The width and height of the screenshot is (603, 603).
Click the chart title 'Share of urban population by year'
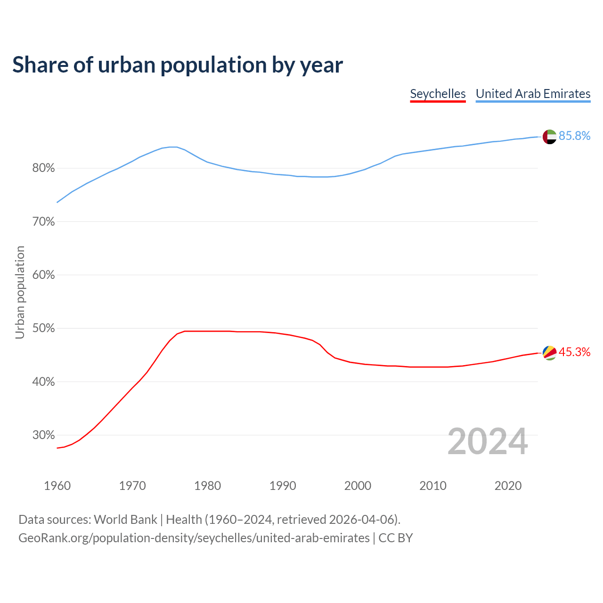click(178, 65)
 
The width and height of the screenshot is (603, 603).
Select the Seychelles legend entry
click(438, 94)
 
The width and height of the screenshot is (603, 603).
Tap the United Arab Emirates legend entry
click(533, 94)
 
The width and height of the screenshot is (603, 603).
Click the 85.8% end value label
click(574, 136)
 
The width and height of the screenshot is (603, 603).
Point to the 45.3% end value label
click(574, 352)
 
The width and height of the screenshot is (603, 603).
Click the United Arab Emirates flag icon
click(550, 137)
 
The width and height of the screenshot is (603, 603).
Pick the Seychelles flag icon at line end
click(550, 352)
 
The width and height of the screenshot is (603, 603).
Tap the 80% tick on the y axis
click(44, 168)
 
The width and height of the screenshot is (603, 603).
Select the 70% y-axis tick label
click(44, 221)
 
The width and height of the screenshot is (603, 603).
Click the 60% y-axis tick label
click(44, 275)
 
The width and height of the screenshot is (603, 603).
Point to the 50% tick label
click(44, 328)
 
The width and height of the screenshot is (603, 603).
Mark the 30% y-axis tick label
click(44, 435)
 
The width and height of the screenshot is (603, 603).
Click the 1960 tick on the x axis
click(57, 486)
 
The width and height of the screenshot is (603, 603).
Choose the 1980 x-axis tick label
click(207, 486)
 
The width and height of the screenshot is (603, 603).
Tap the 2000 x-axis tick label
click(358, 486)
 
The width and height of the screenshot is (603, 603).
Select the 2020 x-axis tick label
click(508, 486)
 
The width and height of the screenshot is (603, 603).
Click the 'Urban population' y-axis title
click(20, 292)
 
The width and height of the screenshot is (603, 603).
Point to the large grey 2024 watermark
click(488, 441)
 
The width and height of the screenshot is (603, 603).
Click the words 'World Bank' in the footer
click(125, 520)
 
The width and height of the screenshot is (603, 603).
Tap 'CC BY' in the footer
click(396, 538)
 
